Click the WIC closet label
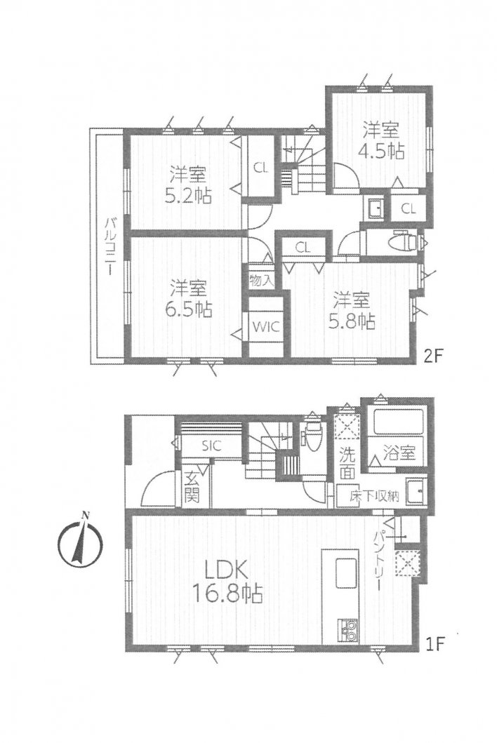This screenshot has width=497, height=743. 265,326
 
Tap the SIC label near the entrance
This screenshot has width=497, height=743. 211,445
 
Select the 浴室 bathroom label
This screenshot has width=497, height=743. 401,453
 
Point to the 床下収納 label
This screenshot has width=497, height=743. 374,496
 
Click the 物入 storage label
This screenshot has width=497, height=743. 262,281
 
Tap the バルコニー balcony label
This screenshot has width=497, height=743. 110,246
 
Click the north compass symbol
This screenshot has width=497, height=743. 80,542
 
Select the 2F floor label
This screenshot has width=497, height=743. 432,356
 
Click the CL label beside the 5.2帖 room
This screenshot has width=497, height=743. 260,167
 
